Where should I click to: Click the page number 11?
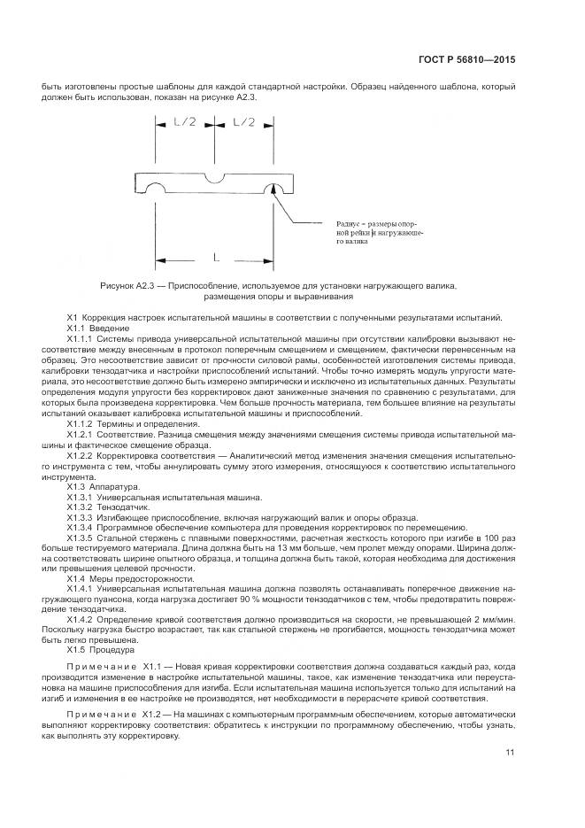[x=510, y=753]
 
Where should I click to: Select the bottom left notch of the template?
[x=156, y=190]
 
